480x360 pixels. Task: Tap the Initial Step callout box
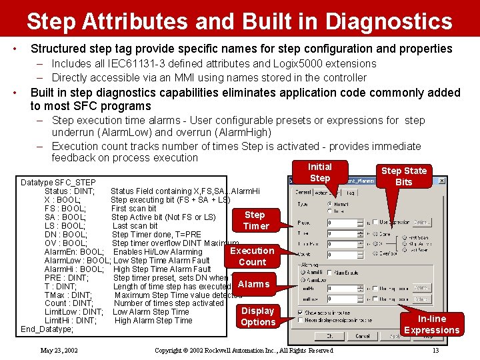point(319,173)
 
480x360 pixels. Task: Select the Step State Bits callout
point(404,177)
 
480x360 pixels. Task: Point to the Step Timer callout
point(255,221)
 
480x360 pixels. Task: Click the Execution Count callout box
point(252,257)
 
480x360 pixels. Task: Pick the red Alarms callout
point(253,284)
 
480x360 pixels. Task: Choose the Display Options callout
point(258,317)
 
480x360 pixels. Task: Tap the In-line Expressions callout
point(431,325)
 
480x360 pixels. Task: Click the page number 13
point(435,350)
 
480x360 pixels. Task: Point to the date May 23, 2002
point(59,350)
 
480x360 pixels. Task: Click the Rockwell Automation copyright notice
point(243,350)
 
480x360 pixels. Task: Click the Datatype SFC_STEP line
point(58,183)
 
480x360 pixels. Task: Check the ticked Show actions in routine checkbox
point(300,312)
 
